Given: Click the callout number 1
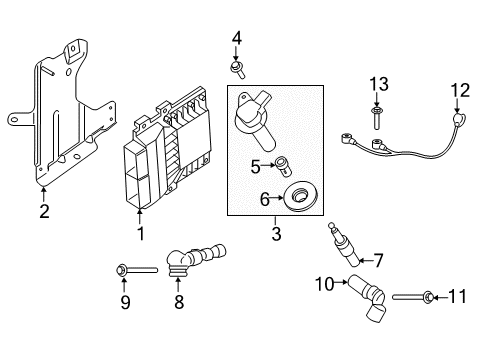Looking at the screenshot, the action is tap(141, 234).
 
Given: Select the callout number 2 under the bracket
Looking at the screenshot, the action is tap(44, 211).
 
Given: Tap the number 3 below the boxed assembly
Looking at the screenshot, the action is tap(276, 234).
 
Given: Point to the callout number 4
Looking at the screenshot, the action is tap(237, 39).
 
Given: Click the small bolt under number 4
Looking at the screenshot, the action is tap(238, 69).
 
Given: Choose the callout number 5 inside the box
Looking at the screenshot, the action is tap(255, 167).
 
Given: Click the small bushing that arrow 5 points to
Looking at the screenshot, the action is tap(283, 167).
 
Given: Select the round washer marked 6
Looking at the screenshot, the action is tap(300, 196).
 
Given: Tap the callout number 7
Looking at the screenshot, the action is tap(378, 260).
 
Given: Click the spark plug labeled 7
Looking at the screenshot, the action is tap(344, 245).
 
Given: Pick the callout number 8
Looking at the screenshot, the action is tap(179, 302).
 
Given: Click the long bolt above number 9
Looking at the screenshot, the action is tap(137, 270).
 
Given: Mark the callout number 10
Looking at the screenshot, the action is tap(324, 284).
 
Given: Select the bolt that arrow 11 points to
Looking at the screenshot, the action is tap(413, 296).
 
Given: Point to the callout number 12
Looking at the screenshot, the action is tap(460, 91).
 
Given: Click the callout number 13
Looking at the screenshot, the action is tap(379, 84).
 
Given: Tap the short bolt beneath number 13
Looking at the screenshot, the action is tap(376, 118).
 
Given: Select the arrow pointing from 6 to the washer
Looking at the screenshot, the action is tap(276, 198).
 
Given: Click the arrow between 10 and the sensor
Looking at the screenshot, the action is tap(341, 282).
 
